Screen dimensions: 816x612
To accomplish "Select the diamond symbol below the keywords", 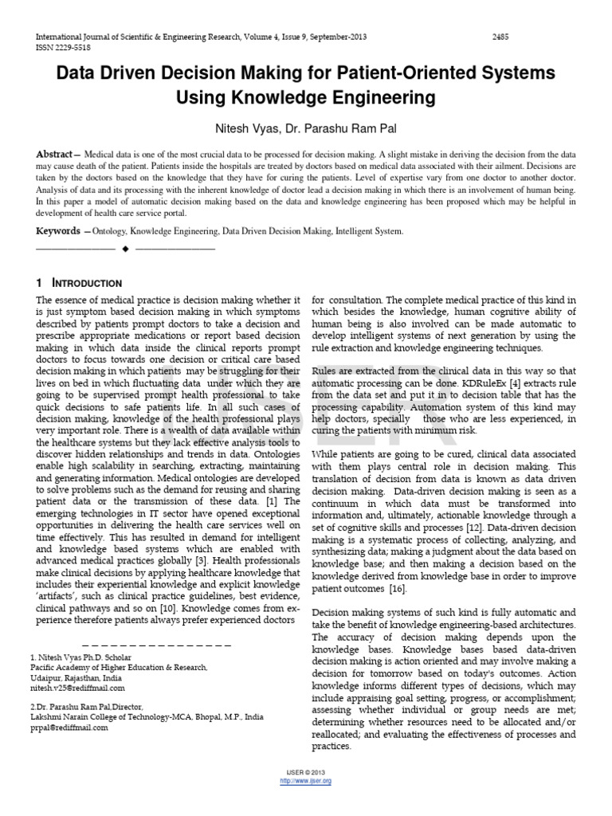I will [125, 249].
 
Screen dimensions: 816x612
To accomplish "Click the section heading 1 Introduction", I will [79, 283].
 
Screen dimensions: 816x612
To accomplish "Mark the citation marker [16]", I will [396, 588].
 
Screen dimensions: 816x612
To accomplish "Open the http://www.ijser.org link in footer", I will [306, 781].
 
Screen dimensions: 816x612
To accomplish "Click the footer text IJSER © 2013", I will [306, 773].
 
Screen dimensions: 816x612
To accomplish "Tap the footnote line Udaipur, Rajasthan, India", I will [76, 677].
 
